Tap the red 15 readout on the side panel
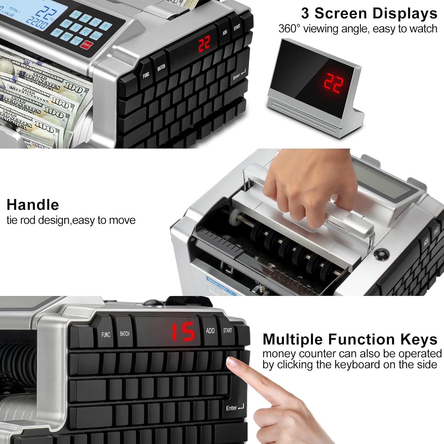click(x=184, y=332)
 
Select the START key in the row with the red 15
click(x=228, y=330)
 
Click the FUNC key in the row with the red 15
click(x=106, y=335)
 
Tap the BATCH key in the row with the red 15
click(x=125, y=334)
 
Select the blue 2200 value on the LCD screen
click(x=37, y=22)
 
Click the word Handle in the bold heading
click(x=33, y=205)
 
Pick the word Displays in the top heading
click(x=405, y=14)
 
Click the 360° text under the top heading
click(x=289, y=29)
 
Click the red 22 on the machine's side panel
click(x=204, y=44)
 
